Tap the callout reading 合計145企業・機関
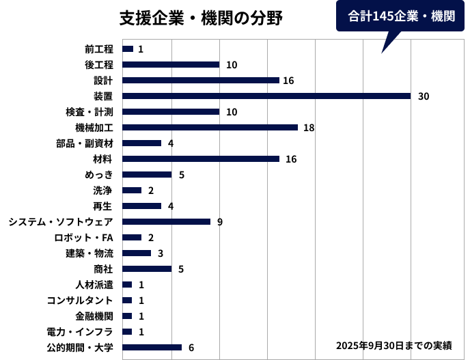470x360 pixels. [x=401, y=16]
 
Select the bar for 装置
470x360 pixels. [x=266, y=96]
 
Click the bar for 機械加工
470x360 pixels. [x=210, y=128]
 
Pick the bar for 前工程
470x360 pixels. [x=127, y=49]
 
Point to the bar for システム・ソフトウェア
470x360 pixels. [x=166, y=222]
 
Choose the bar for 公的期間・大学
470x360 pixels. [x=152, y=348]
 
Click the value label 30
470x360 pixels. [x=424, y=96]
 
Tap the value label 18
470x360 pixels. [x=309, y=128]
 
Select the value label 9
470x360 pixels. [x=220, y=222]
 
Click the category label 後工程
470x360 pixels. [x=99, y=65]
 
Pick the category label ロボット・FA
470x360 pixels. [x=84, y=238]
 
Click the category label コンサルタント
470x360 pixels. [x=80, y=301]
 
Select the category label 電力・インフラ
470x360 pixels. [x=80, y=332]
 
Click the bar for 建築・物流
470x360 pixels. [x=137, y=253]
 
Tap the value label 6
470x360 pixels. [x=191, y=348]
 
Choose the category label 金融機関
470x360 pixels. [x=94, y=316]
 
